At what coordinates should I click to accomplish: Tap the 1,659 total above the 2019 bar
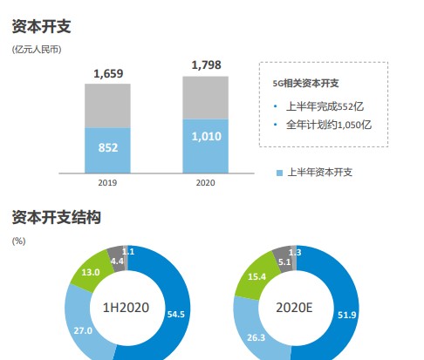point(108,74)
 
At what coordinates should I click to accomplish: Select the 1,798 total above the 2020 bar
point(206,65)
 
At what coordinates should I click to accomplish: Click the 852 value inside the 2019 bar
point(108,148)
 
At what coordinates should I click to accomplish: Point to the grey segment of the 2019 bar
point(108,105)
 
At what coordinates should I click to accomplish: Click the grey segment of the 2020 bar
point(206,97)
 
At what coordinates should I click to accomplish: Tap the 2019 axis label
point(108,183)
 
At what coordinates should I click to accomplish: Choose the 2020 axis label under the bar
point(206,183)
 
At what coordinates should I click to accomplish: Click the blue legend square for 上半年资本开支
point(280,173)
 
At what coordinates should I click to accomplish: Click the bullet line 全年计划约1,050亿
point(329,126)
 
